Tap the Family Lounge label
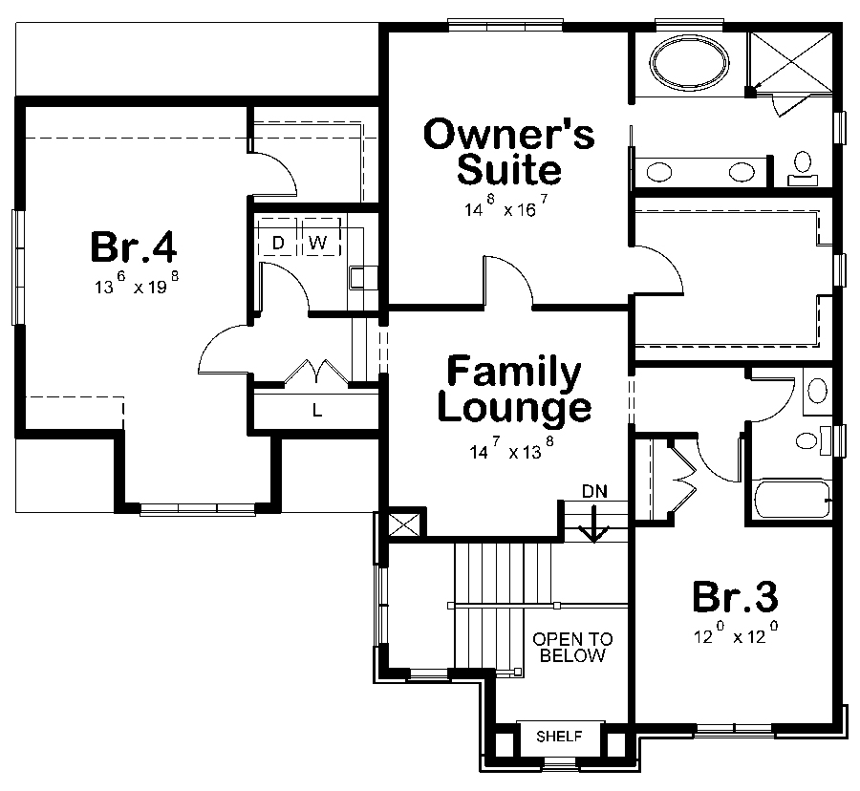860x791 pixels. [x=513, y=390]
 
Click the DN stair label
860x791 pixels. [x=594, y=490]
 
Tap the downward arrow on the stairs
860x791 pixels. [x=594, y=525]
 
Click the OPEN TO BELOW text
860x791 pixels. [x=572, y=647]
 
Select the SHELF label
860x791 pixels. [x=560, y=737]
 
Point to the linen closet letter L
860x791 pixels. [x=316, y=411]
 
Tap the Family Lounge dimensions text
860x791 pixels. [x=512, y=451]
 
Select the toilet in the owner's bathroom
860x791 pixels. [x=802, y=168]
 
